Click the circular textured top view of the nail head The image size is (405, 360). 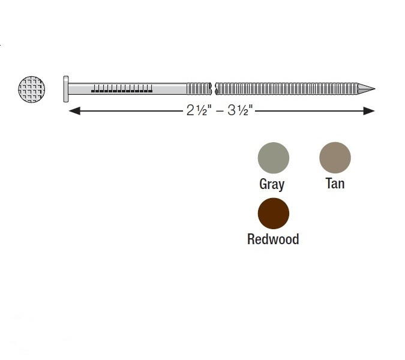32,89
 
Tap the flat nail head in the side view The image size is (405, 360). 66,89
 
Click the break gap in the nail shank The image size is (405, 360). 214,89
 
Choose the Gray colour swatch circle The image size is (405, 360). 273,158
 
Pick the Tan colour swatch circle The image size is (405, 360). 335,158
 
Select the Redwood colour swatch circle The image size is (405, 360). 273,214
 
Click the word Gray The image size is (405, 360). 272,184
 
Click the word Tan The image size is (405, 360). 335,184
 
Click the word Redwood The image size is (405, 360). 273,239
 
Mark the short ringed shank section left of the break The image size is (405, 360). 199,89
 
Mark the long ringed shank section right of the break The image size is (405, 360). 288,89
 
